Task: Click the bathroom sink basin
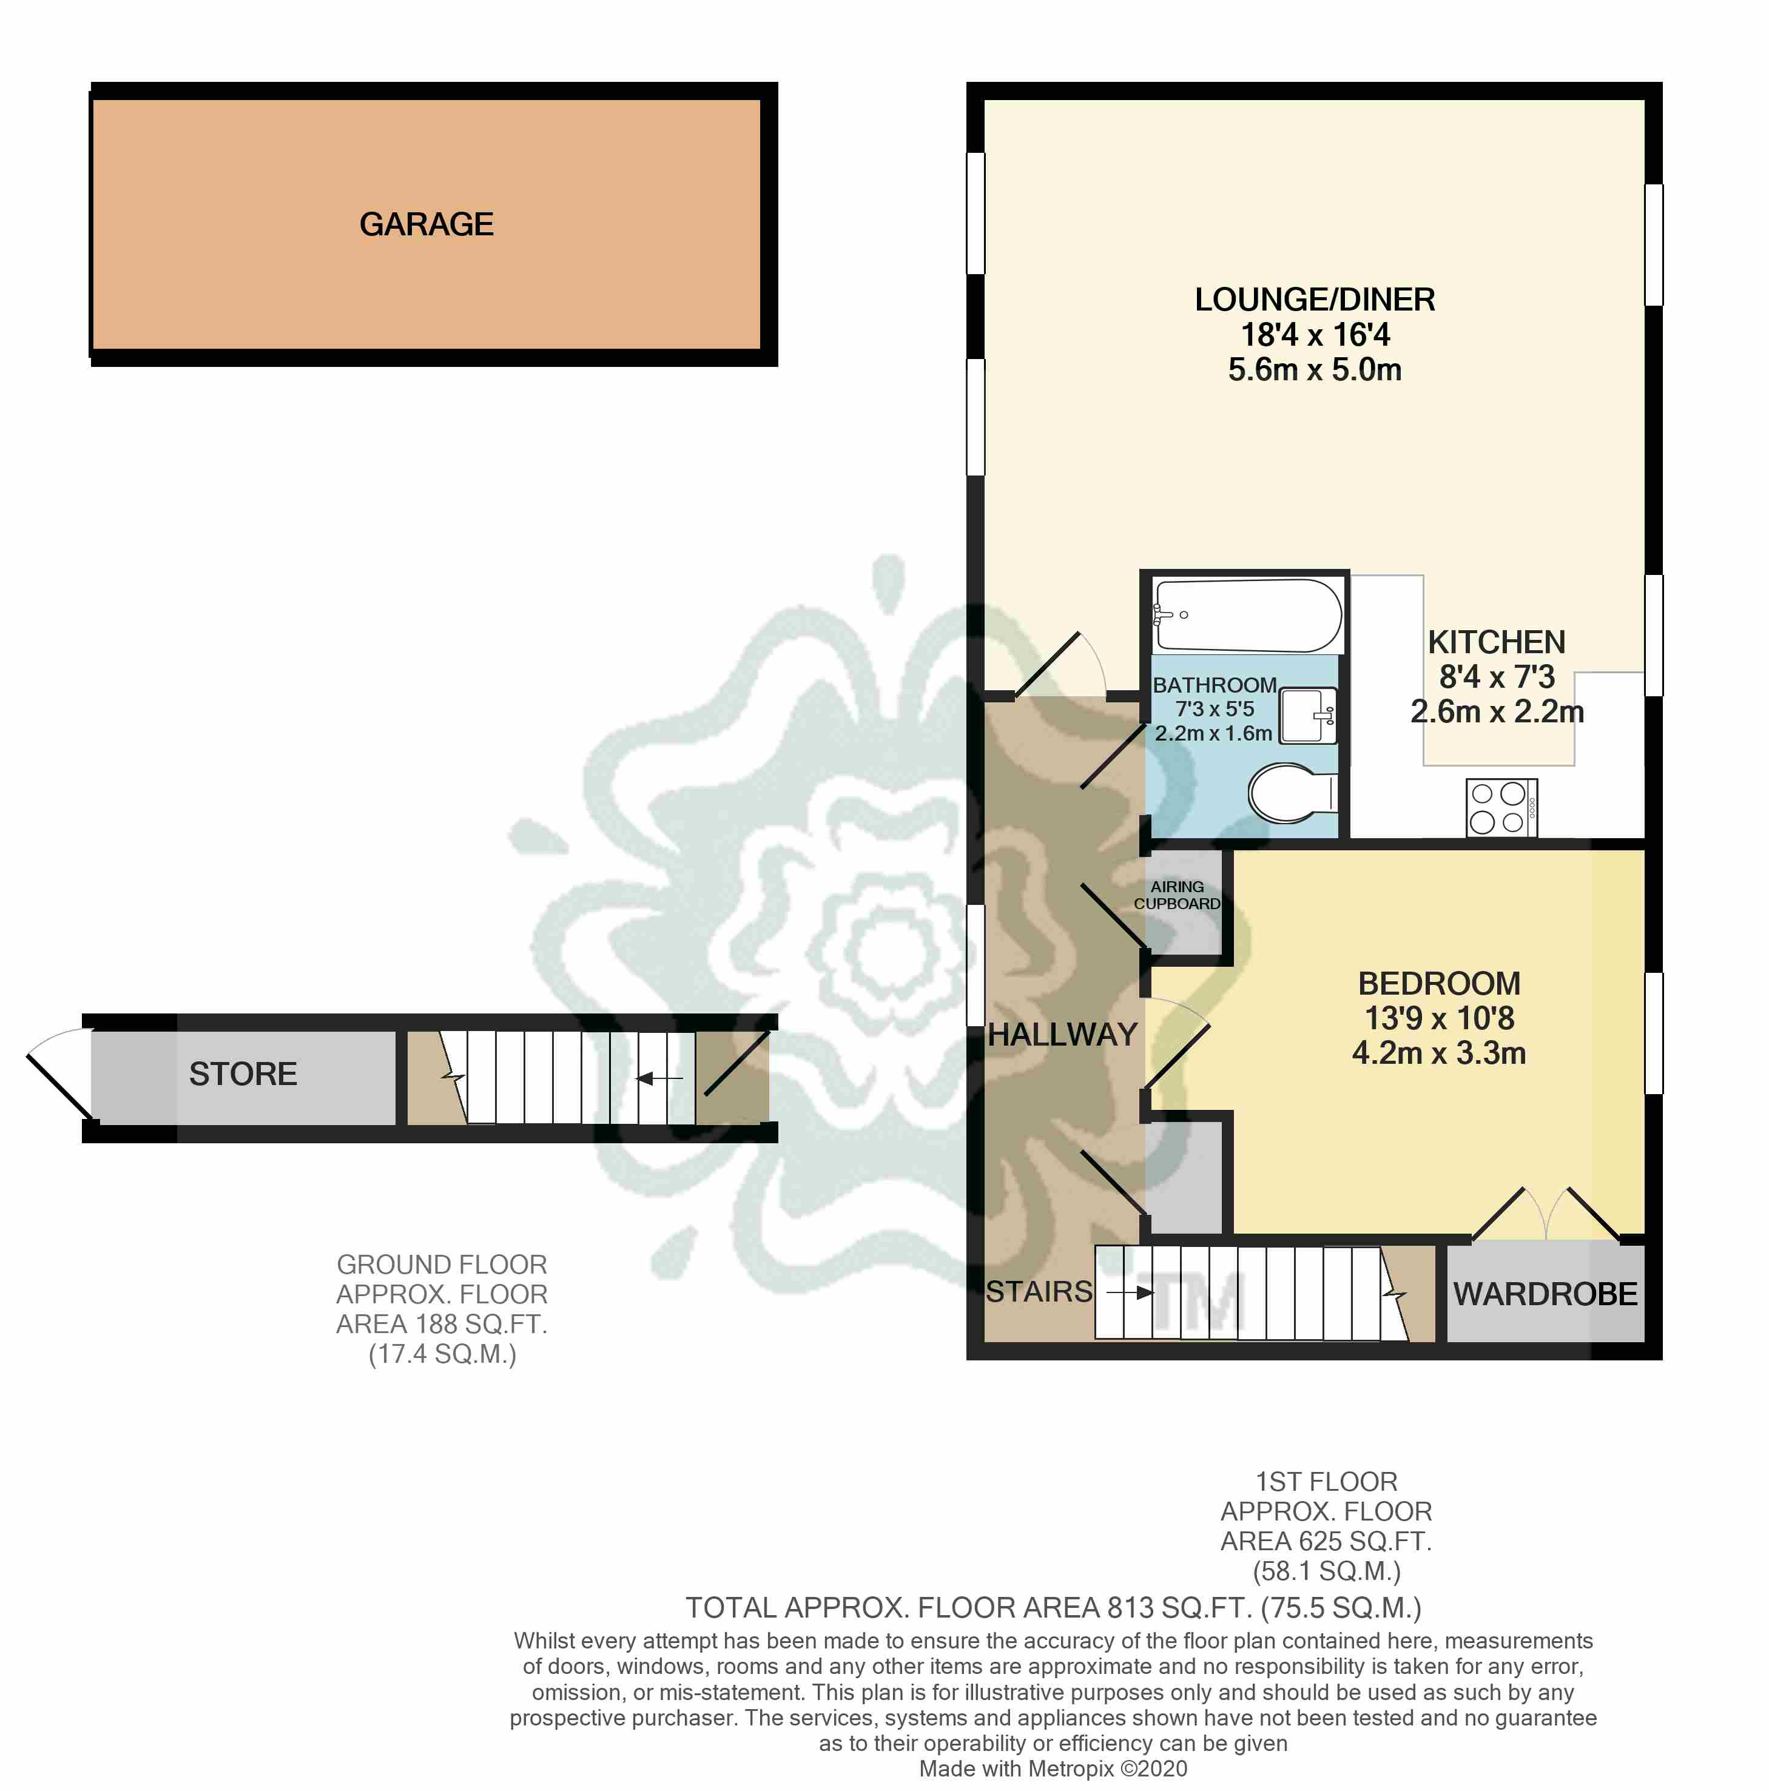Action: coord(1307,714)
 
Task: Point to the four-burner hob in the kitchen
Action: coord(1500,807)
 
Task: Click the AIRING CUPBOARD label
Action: coord(1176,895)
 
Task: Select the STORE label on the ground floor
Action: coord(243,1074)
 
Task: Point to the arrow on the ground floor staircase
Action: coord(659,1078)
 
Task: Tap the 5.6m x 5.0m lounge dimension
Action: coord(1314,370)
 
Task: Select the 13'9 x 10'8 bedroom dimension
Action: coord(1438,1018)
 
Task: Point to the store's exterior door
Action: coord(58,1075)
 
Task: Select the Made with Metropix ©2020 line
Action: coord(1053,1769)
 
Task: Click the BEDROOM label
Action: coord(1438,983)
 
